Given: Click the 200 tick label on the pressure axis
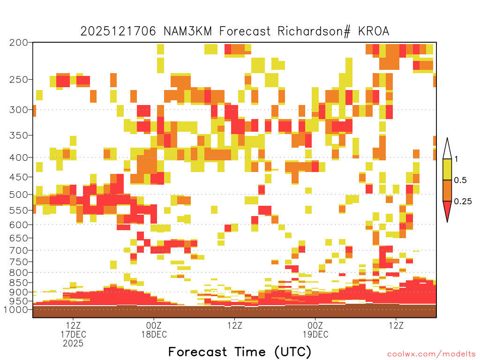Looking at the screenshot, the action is (18, 43).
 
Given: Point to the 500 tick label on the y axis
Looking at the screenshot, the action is (18, 195).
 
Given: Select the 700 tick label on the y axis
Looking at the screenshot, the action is (18, 250).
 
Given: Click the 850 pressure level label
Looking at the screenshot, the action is (18, 283).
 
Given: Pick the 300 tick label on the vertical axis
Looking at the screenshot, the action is (18, 110).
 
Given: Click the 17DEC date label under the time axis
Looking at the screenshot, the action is (73, 334).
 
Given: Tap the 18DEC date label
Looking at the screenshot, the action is (154, 334).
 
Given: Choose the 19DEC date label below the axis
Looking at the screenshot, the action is (315, 334).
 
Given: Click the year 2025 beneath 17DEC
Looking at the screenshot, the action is (73, 344).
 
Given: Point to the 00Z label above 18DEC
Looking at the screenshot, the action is (154, 325).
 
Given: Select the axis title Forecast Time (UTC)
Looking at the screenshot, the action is (240, 352).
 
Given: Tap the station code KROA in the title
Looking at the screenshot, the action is (374, 31).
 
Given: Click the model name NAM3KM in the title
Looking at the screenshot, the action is (187, 31).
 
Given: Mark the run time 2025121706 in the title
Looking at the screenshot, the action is (118, 31).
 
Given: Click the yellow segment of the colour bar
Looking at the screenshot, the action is (447, 169).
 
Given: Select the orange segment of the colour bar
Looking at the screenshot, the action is (447, 190).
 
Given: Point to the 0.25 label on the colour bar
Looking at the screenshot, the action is (463, 202).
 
